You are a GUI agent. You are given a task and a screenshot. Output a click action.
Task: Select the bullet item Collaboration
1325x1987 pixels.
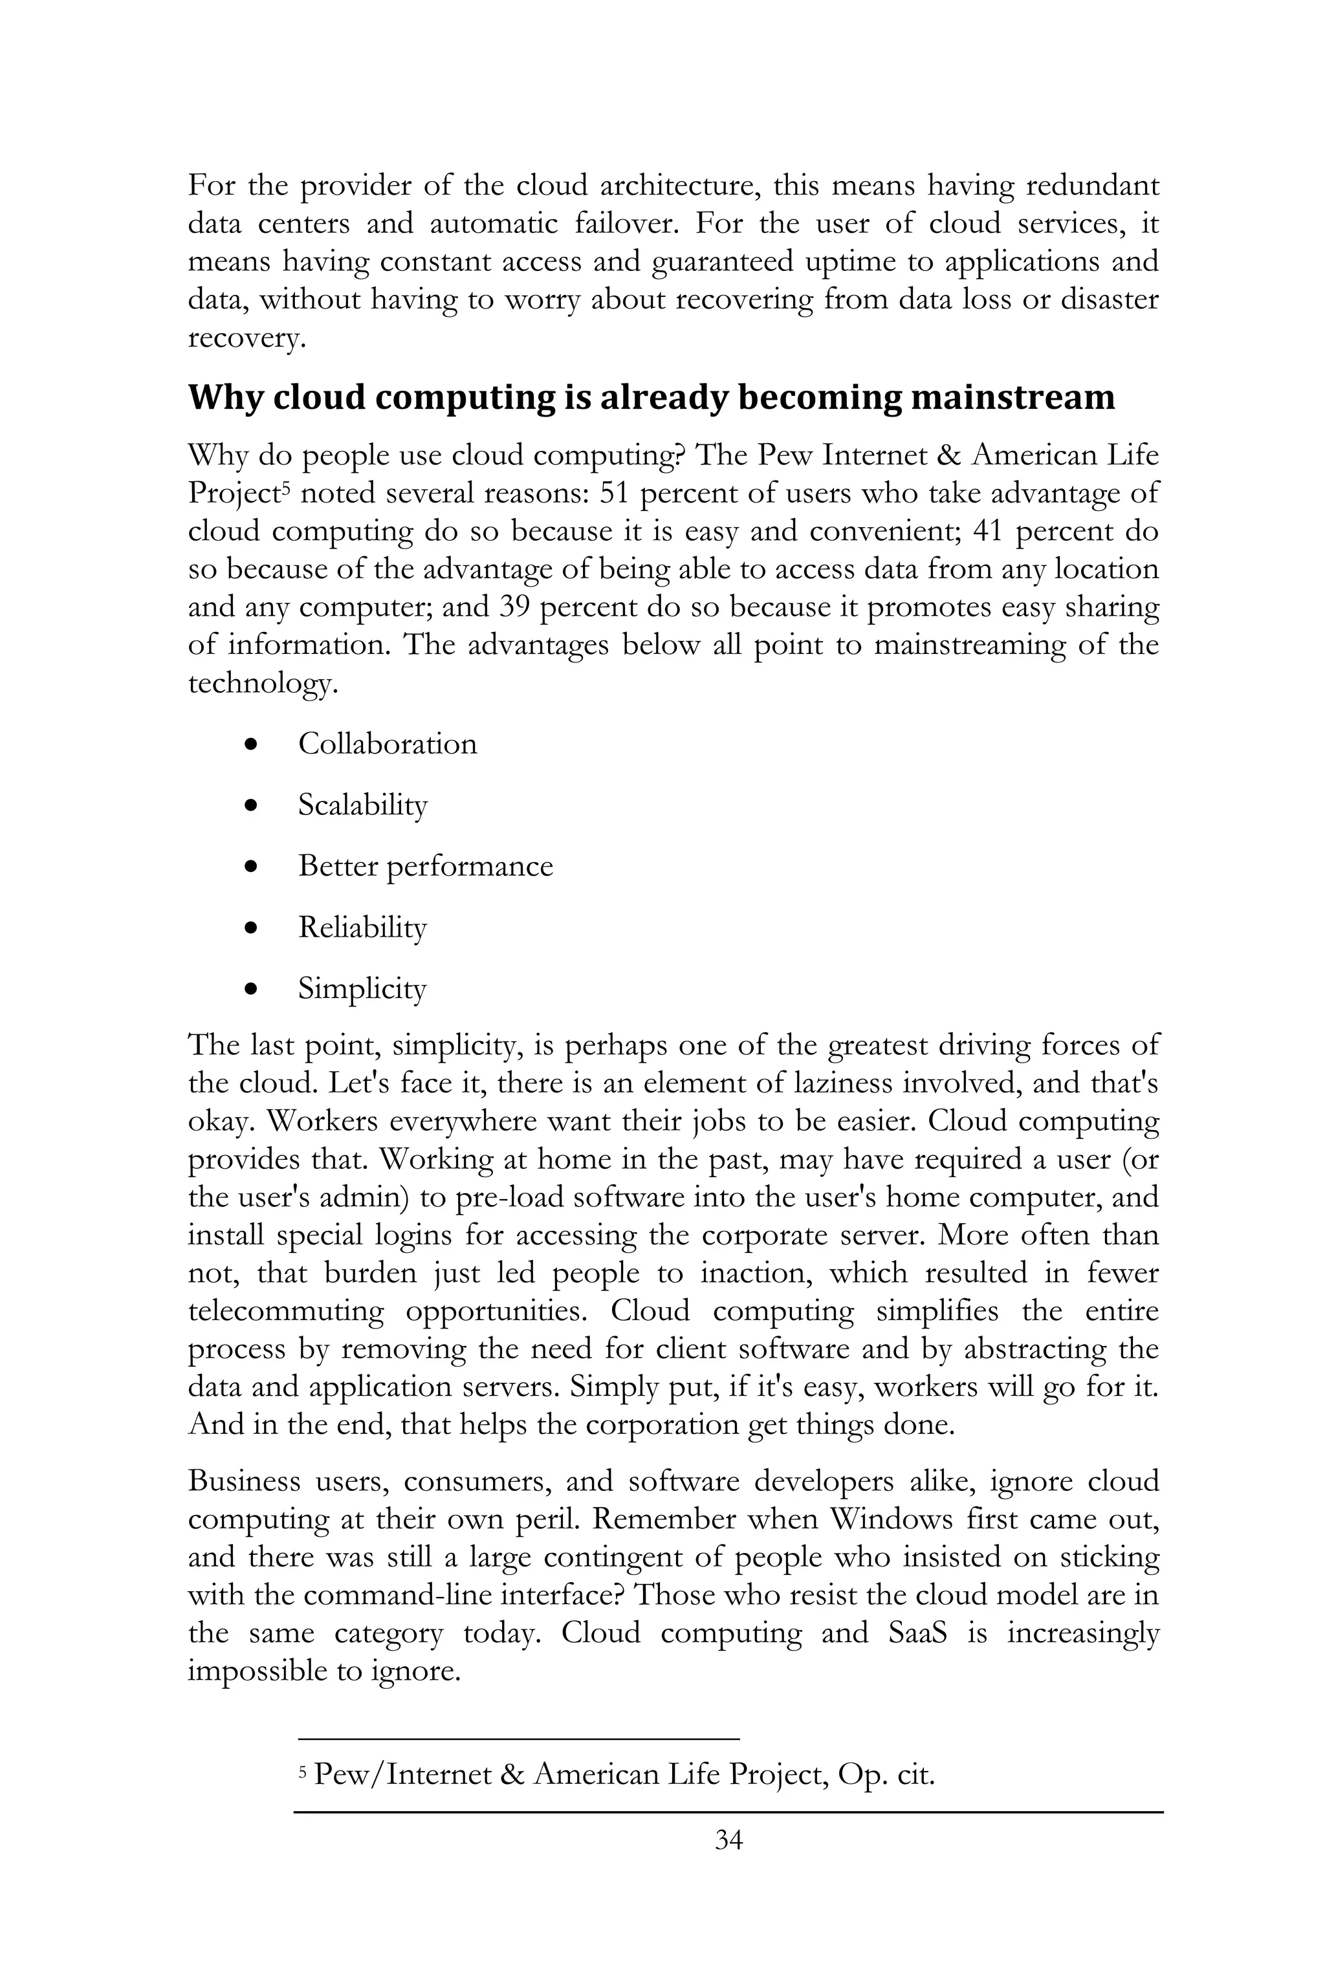(x=387, y=744)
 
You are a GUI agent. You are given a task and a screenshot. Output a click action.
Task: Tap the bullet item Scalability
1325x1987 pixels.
(x=362, y=805)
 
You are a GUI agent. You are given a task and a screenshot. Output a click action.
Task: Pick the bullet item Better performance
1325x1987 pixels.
(x=425, y=867)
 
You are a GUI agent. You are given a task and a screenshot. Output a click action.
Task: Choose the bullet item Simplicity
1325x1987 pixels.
(x=362, y=988)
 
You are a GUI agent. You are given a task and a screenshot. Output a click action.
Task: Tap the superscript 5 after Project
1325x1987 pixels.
(x=285, y=488)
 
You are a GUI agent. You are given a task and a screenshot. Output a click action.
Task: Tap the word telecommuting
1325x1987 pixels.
(x=285, y=1311)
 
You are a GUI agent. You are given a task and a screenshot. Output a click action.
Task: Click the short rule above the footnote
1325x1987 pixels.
(x=519, y=1739)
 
